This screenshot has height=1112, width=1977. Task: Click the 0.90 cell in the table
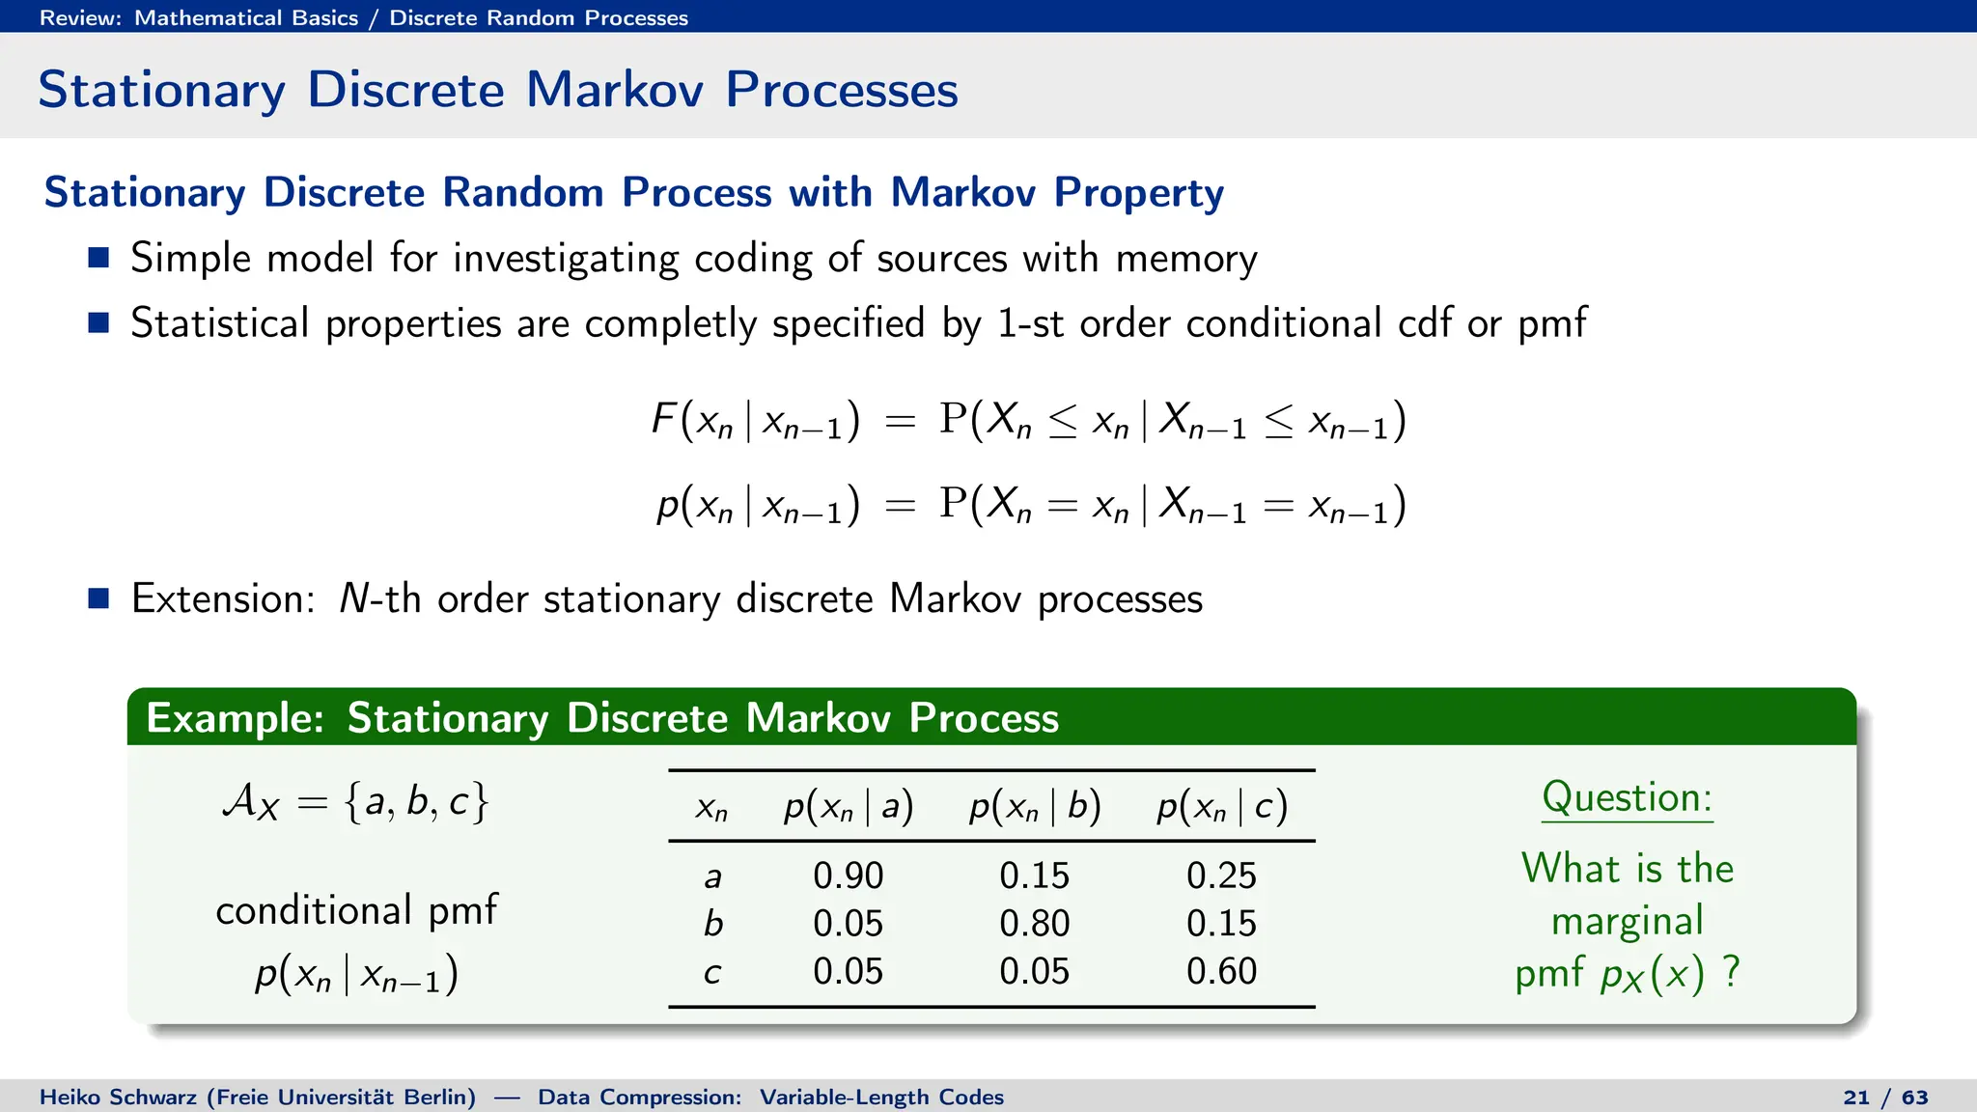(x=848, y=876)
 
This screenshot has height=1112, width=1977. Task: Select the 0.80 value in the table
(x=1034, y=924)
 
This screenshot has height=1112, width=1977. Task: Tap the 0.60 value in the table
(x=1221, y=971)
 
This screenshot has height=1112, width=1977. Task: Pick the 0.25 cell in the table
(x=1221, y=876)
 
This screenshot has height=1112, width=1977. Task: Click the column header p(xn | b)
(x=1035, y=806)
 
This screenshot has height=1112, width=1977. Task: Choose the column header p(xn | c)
(x=1222, y=806)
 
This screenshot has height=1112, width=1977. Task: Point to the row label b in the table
(x=712, y=924)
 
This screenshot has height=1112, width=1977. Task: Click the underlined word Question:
(x=1627, y=798)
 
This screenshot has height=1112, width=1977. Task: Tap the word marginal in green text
(x=1627, y=922)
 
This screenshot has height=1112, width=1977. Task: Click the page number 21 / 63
(x=1884, y=1098)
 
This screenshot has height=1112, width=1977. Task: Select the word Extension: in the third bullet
(x=223, y=599)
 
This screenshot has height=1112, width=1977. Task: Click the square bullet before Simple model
(x=98, y=258)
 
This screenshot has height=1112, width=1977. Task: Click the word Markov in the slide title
(x=614, y=90)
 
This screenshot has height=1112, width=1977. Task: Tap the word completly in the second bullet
(x=670, y=324)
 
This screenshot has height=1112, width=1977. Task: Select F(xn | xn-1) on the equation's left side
(x=755, y=421)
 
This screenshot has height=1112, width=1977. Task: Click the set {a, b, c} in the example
(x=416, y=802)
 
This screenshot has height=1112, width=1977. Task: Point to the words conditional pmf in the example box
(x=356, y=910)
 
